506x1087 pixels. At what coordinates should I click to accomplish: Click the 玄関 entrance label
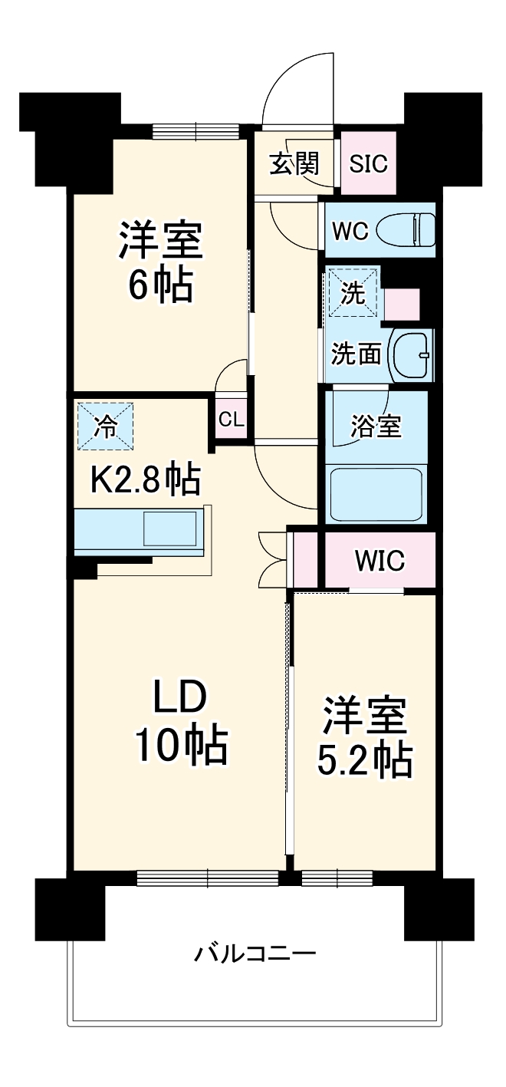tap(294, 164)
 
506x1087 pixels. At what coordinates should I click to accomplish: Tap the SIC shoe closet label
tap(369, 163)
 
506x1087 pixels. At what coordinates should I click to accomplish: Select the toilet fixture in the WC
tap(415, 229)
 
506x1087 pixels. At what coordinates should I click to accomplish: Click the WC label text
tap(350, 230)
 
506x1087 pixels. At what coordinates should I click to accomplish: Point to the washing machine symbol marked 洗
tap(353, 292)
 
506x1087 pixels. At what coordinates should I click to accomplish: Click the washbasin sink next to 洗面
tap(411, 354)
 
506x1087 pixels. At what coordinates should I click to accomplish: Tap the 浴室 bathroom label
tap(376, 427)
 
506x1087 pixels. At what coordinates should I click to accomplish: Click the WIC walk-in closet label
tap(379, 561)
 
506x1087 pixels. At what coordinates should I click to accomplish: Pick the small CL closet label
tap(231, 420)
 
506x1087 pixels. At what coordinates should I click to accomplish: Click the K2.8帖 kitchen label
tap(146, 481)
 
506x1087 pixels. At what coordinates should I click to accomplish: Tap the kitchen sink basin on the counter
tap(170, 529)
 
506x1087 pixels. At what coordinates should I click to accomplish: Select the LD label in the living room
tap(180, 698)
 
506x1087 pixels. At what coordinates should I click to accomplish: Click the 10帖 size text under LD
tap(182, 744)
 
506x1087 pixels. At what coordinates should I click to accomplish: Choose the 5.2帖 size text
tap(364, 759)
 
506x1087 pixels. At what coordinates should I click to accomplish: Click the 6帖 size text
tap(160, 285)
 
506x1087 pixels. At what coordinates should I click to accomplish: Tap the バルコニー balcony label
tap(255, 955)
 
